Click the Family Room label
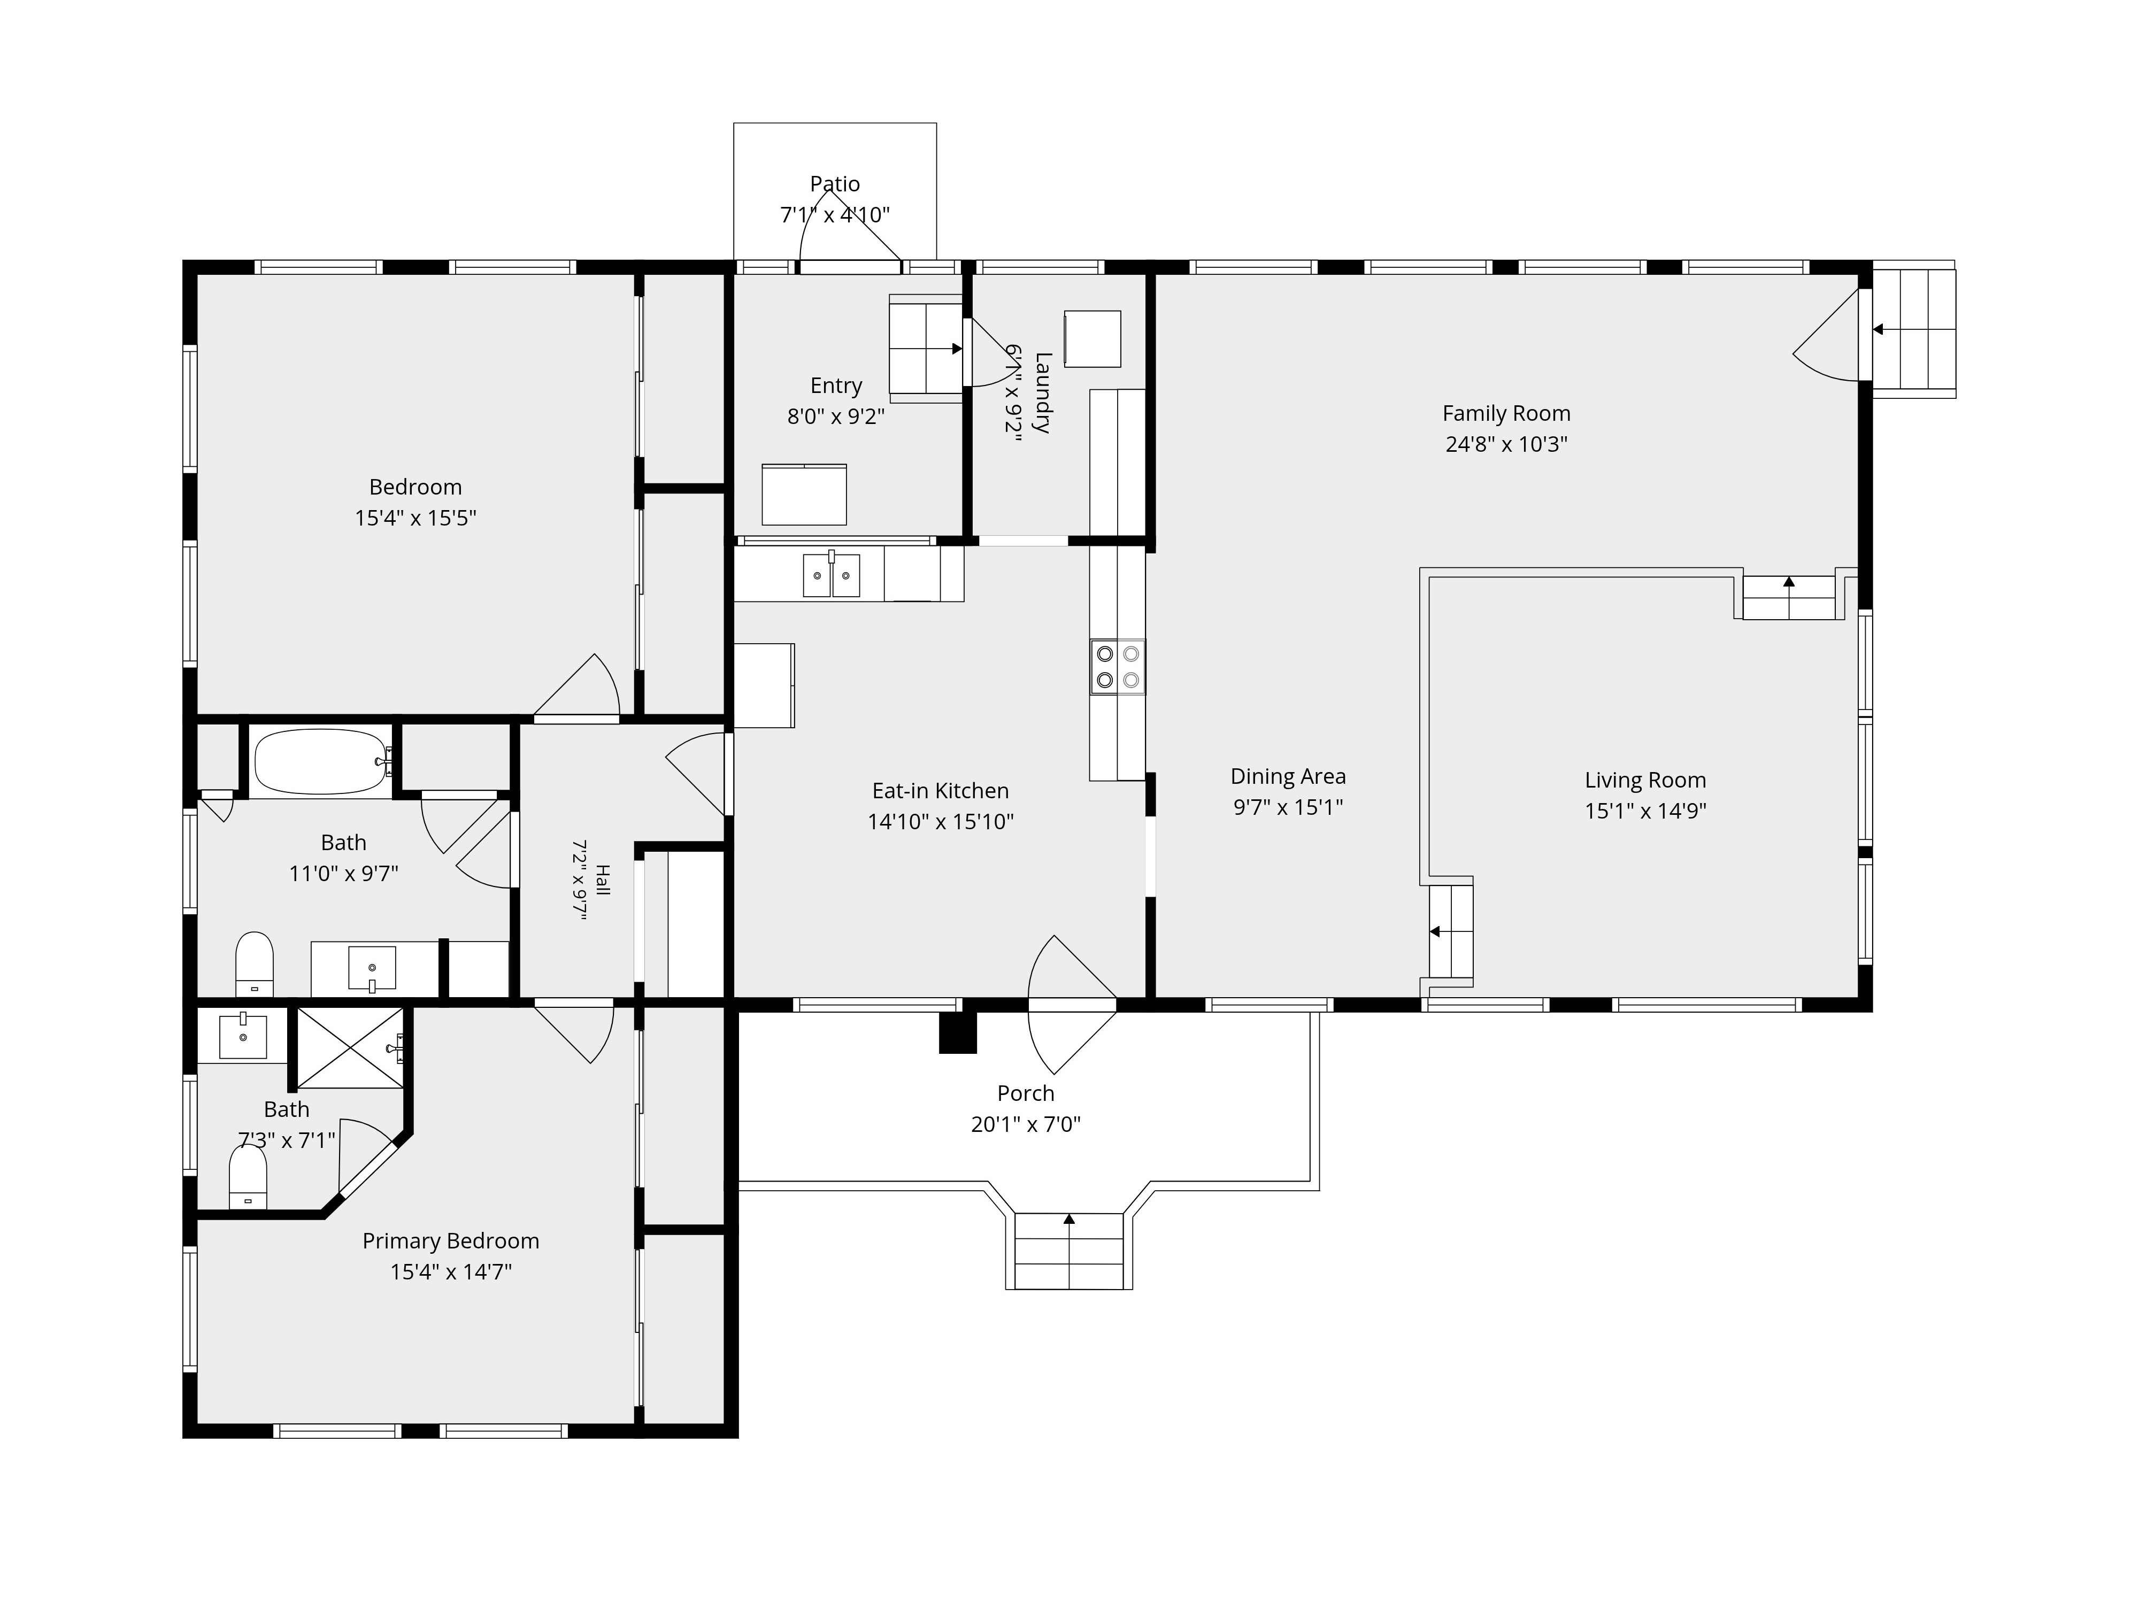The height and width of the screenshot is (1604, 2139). click(x=1506, y=414)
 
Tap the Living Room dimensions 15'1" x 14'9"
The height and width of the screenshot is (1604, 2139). click(x=1645, y=811)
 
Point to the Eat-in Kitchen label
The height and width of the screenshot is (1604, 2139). click(x=940, y=791)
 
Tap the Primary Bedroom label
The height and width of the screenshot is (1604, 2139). click(x=451, y=1241)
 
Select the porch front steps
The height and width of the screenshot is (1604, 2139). click(x=1068, y=1251)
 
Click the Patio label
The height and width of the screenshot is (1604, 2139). click(x=835, y=184)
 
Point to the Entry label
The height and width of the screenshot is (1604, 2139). click(x=835, y=386)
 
